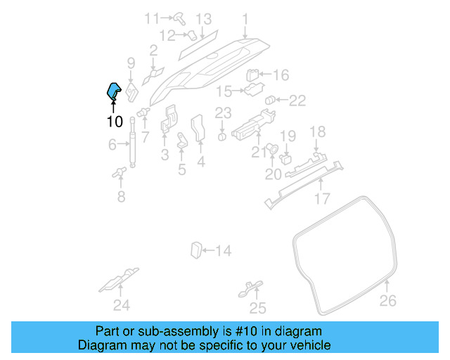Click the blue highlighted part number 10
112,91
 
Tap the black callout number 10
115,122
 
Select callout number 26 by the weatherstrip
388,301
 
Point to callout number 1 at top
245,18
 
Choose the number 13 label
203,18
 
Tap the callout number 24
122,304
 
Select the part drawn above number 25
250,288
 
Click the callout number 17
322,199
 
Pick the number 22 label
297,101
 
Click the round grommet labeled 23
222,136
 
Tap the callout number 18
318,131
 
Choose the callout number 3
165,154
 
